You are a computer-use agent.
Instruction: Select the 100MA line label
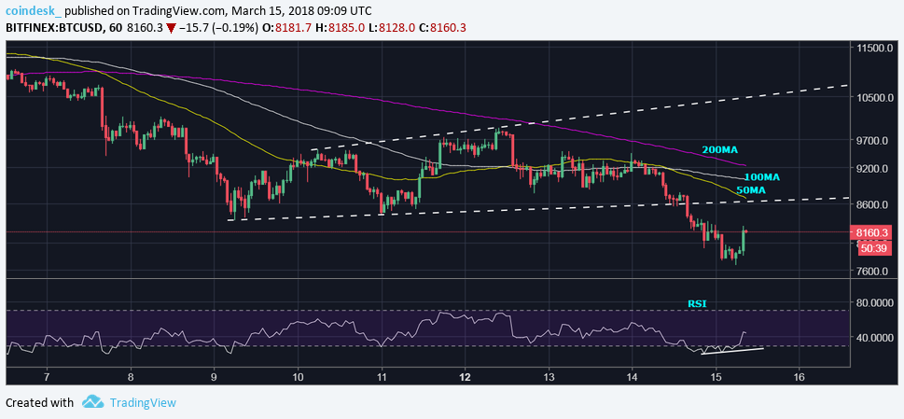coord(761,176)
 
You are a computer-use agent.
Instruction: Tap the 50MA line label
coord(751,190)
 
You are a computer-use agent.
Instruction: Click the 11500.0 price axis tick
coord(877,48)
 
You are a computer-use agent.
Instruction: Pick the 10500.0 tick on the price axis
coord(877,98)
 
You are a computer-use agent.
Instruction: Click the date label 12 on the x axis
coord(465,377)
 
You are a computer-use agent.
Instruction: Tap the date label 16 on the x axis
coord(799,377)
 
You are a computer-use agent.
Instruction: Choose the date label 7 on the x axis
coord(47,377)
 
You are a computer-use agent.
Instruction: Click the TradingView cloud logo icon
coord(91,402)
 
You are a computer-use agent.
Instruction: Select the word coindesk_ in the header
coord(34,9)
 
